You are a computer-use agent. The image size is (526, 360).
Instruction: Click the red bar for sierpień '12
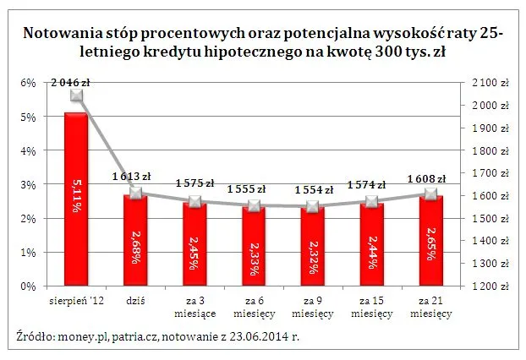(75, 199)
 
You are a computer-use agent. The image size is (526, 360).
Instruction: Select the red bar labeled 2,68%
(134, 240)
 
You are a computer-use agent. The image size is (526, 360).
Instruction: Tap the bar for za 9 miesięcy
(312, 246)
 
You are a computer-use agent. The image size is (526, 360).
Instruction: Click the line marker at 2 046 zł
(76, 95)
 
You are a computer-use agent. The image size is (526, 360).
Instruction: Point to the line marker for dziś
(134, 193)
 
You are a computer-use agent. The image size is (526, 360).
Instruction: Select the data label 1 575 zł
(195, 183)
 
